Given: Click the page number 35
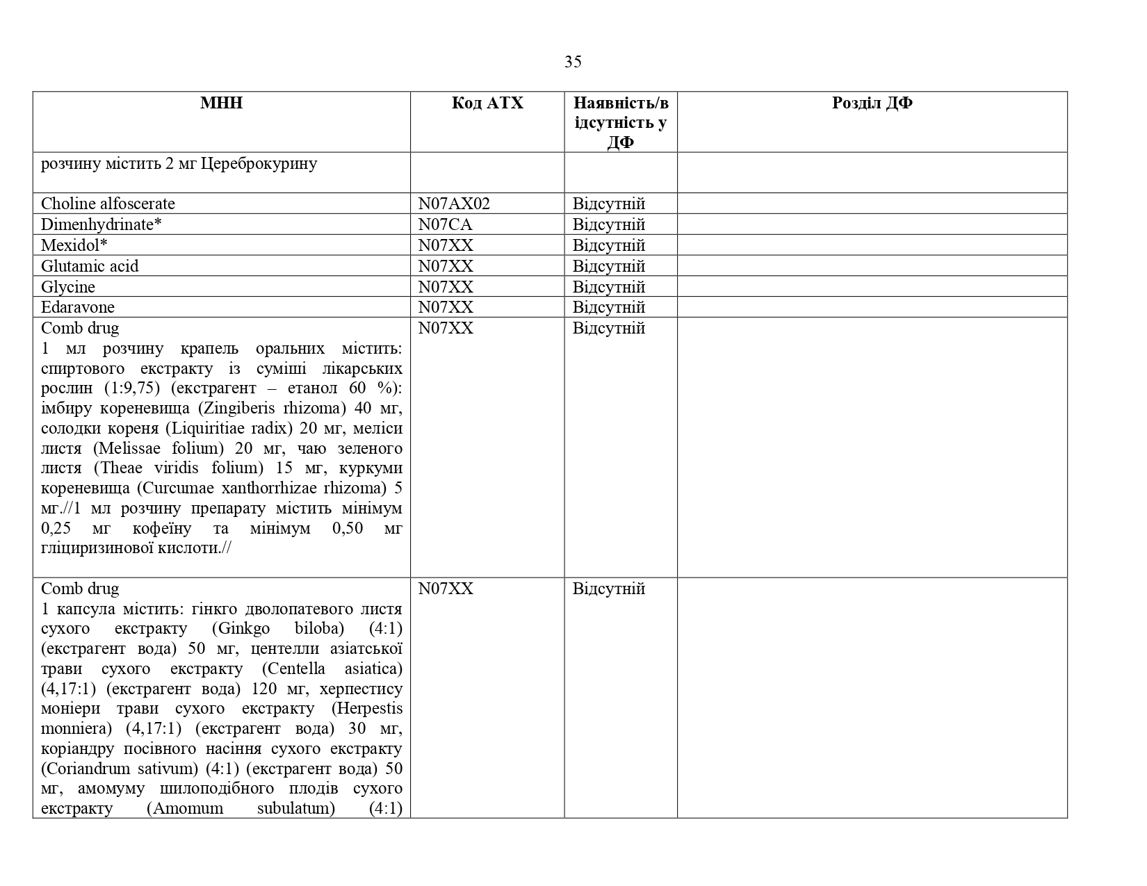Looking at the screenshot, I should click(573, 62).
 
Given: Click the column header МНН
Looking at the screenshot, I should click(221, 103).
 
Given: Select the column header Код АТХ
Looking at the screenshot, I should click(487, 103).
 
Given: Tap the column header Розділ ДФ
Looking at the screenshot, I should click(872, 103).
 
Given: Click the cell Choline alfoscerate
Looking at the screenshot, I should click(108, 204).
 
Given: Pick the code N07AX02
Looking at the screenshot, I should click(454, 204).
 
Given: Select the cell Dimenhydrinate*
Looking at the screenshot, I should click(101, 224).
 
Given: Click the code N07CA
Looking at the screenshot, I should click(445, 224).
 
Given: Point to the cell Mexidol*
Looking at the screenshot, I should click(74, 245).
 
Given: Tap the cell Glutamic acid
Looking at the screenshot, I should click(90, 266).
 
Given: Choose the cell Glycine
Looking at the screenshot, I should click(68, 287).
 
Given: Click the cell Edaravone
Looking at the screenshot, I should click(78, 307).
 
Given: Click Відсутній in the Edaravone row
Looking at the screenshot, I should click(609, 307).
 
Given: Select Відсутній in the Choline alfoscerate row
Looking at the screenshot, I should click(609, 204).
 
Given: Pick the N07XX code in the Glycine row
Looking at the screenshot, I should click(446, 287).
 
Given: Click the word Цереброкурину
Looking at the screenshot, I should click(259, 164).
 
